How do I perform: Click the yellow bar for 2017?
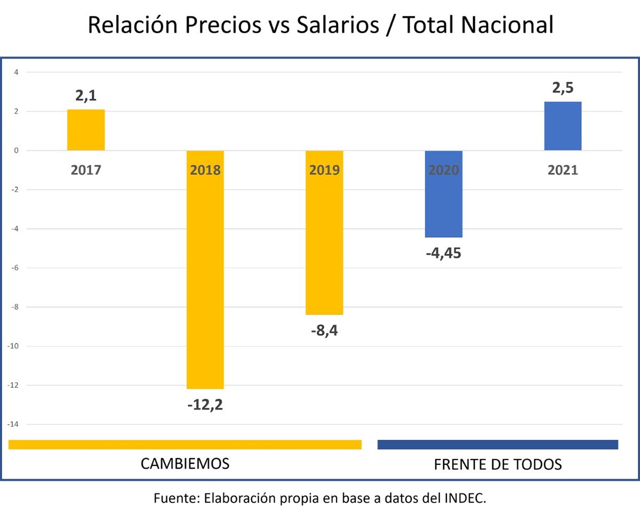pyautogui.click(x=86, y=130)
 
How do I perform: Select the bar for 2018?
pyautogui.click(x=205, y=277)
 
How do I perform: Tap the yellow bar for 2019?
pyautogui.click(x=324, y=240)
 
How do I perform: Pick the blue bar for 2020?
pyautogui.click(x=443, y=203)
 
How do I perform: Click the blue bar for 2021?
pyautogui.click(x=563, y=126)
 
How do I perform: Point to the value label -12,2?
pyautogui.click(x=205, y=405)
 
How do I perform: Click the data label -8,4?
pyautogui.click(x=324, y=330)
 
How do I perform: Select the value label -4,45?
pyautogui.click(x=443, y=253)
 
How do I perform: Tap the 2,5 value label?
pyautogui.click(x=563, y=88)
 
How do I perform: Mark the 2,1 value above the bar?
pyautogui.click(x=86, y=96)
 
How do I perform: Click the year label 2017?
pyautogui.click(x=86, y=171)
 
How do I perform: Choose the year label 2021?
pyautogui.click(x=563, y=171)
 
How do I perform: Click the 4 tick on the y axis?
pyautogui.click(x=17, y=72)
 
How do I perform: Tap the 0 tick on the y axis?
pyautogui.click(x=17, y=150)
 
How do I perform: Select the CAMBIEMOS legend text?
pyautogui.click(x=185, y=463)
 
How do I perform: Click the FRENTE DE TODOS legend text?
pyautogui.click(x=498, y=464)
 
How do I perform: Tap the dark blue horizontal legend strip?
pyautogui.click(x=498, y=445)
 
